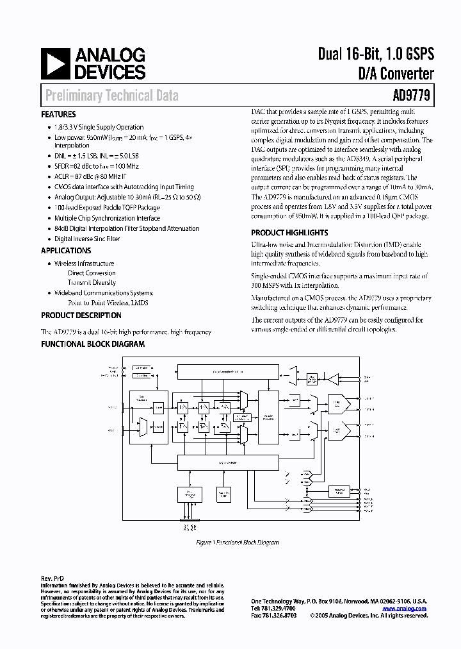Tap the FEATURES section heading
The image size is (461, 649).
pyautogui.click(x=58, y=114)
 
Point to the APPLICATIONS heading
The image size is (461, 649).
pyautogui.click(x=66, y=251)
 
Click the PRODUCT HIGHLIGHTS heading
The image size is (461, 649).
pyautogui.click(x=289, y=233)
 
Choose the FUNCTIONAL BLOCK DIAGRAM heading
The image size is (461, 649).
pyautogui.click(x=93, y=344)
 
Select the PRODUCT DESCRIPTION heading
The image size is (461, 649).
pyautogui.click(x=81, y=316)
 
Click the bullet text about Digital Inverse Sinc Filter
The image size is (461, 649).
pyautogui.click(x=87, y=239)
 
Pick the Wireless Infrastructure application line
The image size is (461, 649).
pyautogui.click(x=85, y=264)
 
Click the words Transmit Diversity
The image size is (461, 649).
pyautogui.click(x=92, y=282)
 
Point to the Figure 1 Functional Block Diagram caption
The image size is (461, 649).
pyautogui.click(x=237, y=543)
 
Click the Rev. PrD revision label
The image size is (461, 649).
pyautogui.click(x=53, y=578)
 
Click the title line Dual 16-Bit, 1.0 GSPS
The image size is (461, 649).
pyautogui.click(x=376, y=55)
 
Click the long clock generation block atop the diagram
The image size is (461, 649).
pyautogui.click(x=219, y=371)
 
